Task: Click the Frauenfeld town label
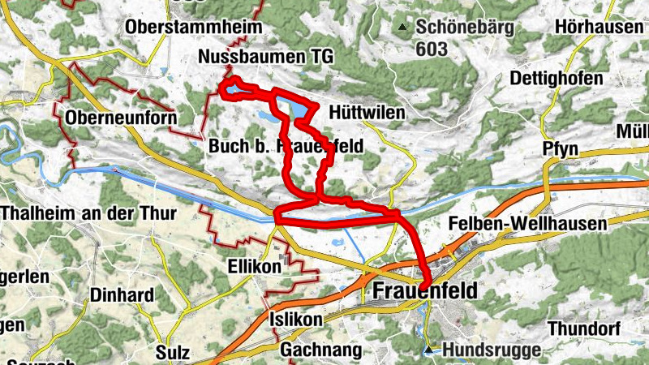pyautogui.click(x=426, y=291)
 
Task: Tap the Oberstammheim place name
pyautogui.click(x=194, y=27)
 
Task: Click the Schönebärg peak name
pyautogui.click(x=465, y=27)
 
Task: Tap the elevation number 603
pyautogui.click(x=432, y=49)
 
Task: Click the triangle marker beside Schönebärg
pyautogui.click(x=402, y=28)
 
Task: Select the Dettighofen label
pyautogui.click(x=557, y=79)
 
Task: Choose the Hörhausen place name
pyautogui.click(x=598, y=27)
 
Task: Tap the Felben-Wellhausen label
pyautogui.click(x=527, y=223)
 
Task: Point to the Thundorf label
pyautogui.click(x=584, y=328)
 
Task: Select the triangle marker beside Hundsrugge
pyautogui.click(x=428, y=350)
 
